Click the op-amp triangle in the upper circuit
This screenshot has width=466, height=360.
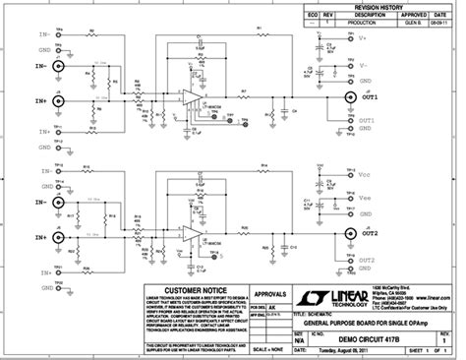[188, 97]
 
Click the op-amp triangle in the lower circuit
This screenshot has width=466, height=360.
[188, 233]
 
